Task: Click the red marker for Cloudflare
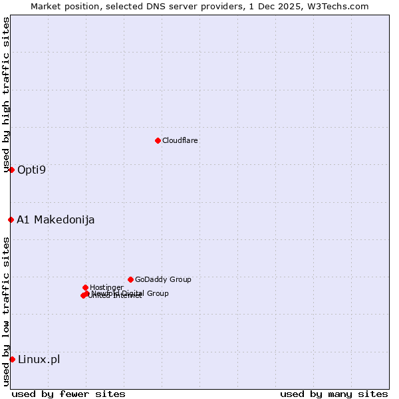click(158, 140)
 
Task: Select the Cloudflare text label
click(180, 140)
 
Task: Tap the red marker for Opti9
click(11, 170)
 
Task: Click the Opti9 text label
click(32, 170)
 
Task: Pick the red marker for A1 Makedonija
click(11, 219)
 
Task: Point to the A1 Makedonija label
click(56, 219)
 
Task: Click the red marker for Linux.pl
click(12, 359)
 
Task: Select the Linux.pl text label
click(39, 359)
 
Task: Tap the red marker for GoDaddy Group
click(130, 279)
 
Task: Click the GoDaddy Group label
click(163, 279)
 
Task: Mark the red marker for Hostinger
click(85, 287)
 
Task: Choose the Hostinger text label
click(106, 287)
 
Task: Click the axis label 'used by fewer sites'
click(68, 394)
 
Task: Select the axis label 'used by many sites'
click(334, 394)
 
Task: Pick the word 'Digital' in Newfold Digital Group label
click(134, 293)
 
